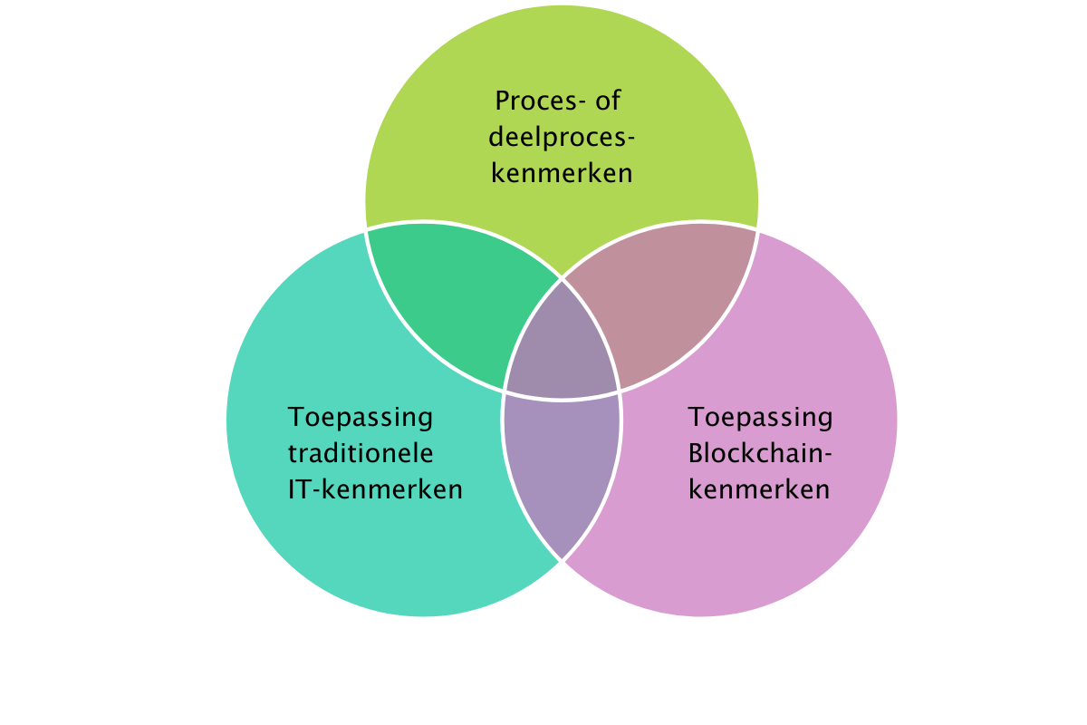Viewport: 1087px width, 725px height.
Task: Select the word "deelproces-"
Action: tap(562, 136)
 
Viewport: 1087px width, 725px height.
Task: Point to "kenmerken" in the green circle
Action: tap(562, 172)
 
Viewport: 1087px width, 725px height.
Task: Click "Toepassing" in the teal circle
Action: tap(361, 418)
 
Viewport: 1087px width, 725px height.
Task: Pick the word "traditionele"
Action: tap(361, 453)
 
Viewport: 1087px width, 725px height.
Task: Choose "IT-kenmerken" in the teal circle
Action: tap(375, 489)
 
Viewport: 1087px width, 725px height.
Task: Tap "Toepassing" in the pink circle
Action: tap(760, 418)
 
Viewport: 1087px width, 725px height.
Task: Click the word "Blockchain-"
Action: tap(760, 453)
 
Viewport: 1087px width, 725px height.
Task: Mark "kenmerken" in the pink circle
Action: tap(759, 489)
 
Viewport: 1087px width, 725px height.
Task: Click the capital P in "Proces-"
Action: tap(504, 100)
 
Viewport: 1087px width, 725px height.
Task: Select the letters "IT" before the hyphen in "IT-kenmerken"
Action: tap(301, 489)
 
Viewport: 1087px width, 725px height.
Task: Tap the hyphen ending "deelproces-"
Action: tap(630, 138)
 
